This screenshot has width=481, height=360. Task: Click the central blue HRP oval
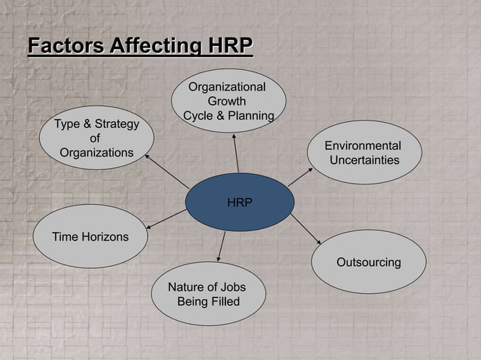[239, 202]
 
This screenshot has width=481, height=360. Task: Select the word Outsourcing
[368, 263]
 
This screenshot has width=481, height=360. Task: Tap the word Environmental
[363, 146]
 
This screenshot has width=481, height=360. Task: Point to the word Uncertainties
[364, 160]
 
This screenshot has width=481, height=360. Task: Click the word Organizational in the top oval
[226, 87]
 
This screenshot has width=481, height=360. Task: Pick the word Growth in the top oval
[226, 102]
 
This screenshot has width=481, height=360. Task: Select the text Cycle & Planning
[228, 115]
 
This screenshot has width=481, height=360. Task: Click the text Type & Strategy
[96, 124]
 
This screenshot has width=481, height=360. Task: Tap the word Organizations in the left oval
[97, 153]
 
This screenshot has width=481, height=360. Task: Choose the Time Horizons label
[90, 236]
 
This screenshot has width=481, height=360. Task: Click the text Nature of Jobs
[207, 288]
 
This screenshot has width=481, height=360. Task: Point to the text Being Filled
[208, 302]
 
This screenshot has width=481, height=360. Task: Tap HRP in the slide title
[227, 46]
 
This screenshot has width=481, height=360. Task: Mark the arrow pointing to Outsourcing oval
[305, 228]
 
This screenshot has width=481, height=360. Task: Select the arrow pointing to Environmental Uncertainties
[300, 176]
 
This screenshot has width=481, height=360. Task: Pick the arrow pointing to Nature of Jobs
[222, 246]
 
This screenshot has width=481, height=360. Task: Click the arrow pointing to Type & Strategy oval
[167, 171]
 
